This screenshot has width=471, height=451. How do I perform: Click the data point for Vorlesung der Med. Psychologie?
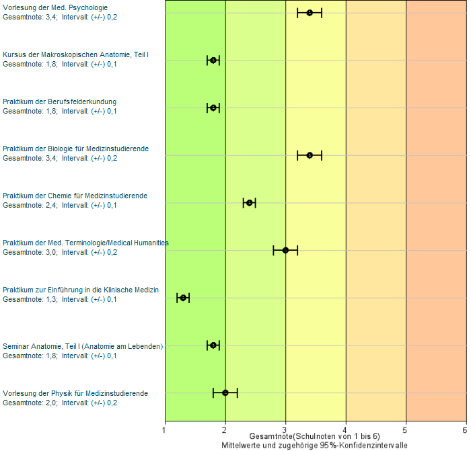(x=310, y=13)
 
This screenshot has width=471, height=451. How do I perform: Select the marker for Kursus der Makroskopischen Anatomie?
(x=213, y=60)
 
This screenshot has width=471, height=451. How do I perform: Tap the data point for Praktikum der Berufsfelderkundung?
(x=213, y=108)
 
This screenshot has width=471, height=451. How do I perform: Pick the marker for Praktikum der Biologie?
(x=310, y=155)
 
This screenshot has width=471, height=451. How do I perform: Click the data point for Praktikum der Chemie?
(x=249, y=202)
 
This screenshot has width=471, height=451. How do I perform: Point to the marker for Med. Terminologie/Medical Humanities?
(x=285, y=250)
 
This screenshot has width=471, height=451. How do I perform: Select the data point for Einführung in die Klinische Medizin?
(x=183, y=298)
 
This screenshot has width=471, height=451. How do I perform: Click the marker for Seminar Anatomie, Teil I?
(x=213, y=345)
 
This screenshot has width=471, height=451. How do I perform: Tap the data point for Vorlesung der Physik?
(x=225, y=393)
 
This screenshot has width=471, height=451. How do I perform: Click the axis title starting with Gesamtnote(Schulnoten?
(x=314, y=436)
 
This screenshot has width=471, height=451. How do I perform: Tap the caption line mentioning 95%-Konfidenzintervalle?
(x=314, y=445)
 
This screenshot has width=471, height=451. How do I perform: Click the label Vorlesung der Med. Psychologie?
(x=55, y=7)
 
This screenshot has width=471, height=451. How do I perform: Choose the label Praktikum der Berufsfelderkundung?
(x=60, y=102)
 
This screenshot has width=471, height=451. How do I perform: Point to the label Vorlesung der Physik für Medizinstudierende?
(x=75, y=393)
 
